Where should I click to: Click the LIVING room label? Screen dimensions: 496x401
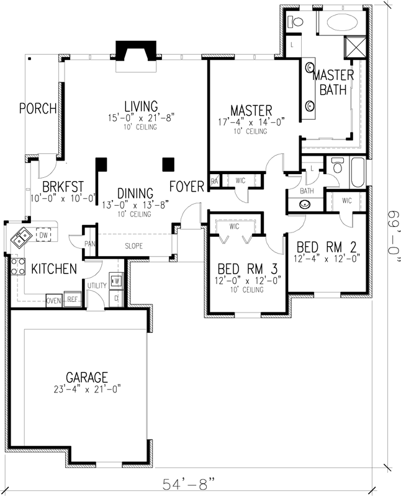[x=140, y=106]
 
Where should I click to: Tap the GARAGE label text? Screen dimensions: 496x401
[x=88, y=377]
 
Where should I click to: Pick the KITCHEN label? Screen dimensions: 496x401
[x=54, y=269]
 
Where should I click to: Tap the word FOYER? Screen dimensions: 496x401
[x=187, y=185]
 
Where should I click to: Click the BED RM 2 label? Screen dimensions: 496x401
[x=323, y=245]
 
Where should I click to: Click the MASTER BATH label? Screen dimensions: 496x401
[x=333, y=82]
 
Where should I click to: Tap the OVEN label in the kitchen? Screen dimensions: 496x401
[x=54, y=301]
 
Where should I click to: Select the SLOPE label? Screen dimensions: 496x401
[x=133, y=246]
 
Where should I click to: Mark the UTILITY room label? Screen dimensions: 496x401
[x=97, y=286]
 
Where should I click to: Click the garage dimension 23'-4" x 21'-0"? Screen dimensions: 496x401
[x=88, y=389]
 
